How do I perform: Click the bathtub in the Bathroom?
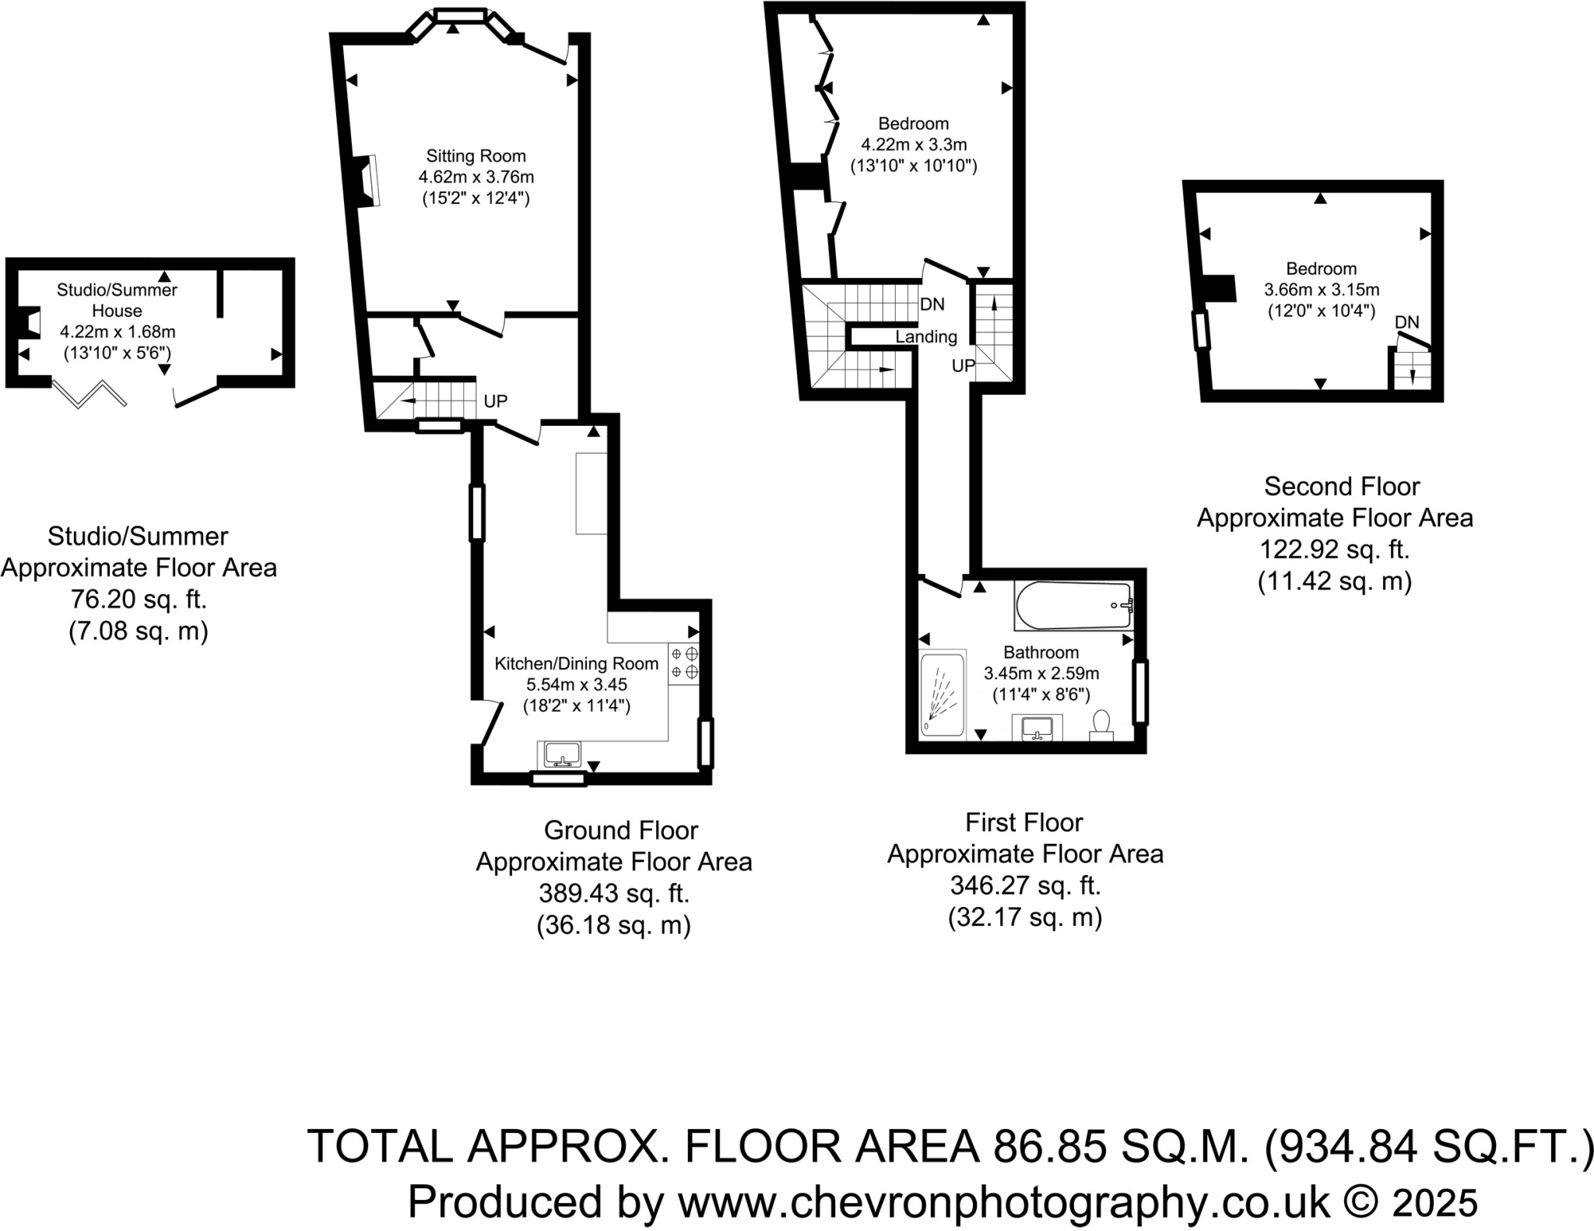pos(1073,606)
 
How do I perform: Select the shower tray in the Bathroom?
pos(943,694)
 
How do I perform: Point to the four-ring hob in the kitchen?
pos(684,663)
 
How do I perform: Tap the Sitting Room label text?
pos(476,156)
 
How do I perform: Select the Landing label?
pos(925,336)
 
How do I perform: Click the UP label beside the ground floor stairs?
pos(495,401)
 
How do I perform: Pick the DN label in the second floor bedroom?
pos(1406,322)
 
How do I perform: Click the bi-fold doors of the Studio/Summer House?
pos(89,394)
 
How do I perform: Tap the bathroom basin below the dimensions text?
pos(1037,729)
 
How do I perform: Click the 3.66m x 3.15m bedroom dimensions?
pos(1321,290)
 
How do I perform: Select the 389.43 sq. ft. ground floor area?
pos(613,893)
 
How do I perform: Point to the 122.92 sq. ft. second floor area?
pos(1334,550)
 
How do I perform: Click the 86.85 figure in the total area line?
pos(1049,1146)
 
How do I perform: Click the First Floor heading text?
pos(1023,822)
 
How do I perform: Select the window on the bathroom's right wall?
pos(1140,691)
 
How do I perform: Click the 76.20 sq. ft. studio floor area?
pos(139,599)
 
